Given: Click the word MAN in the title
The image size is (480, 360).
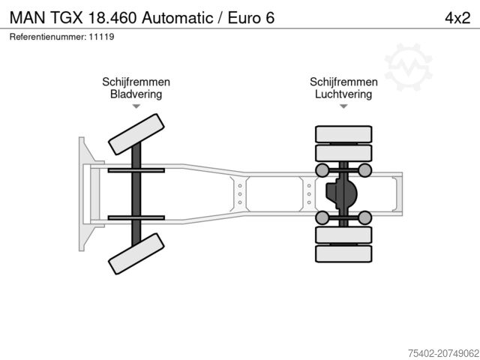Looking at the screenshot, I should (x=27, y=17).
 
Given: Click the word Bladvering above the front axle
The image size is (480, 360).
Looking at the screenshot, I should (x=136, y=94).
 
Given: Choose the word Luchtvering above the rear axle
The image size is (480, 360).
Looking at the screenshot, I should (x=343, y=94).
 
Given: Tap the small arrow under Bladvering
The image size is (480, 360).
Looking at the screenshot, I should (x=136, y=106).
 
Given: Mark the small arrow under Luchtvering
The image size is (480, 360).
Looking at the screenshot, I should (x=343, y=106).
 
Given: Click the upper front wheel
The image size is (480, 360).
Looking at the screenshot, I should (x=136, y=136).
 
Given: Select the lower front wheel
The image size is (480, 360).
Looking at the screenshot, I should (x=136, y=253).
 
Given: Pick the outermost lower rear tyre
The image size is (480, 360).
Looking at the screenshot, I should (x=343, y=255).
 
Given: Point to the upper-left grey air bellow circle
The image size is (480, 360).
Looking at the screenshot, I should (x=322, y=170).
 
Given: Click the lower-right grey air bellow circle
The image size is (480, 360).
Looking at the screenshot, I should (x=365, y=218).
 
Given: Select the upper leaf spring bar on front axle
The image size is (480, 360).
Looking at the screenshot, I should (x=136, y=171).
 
